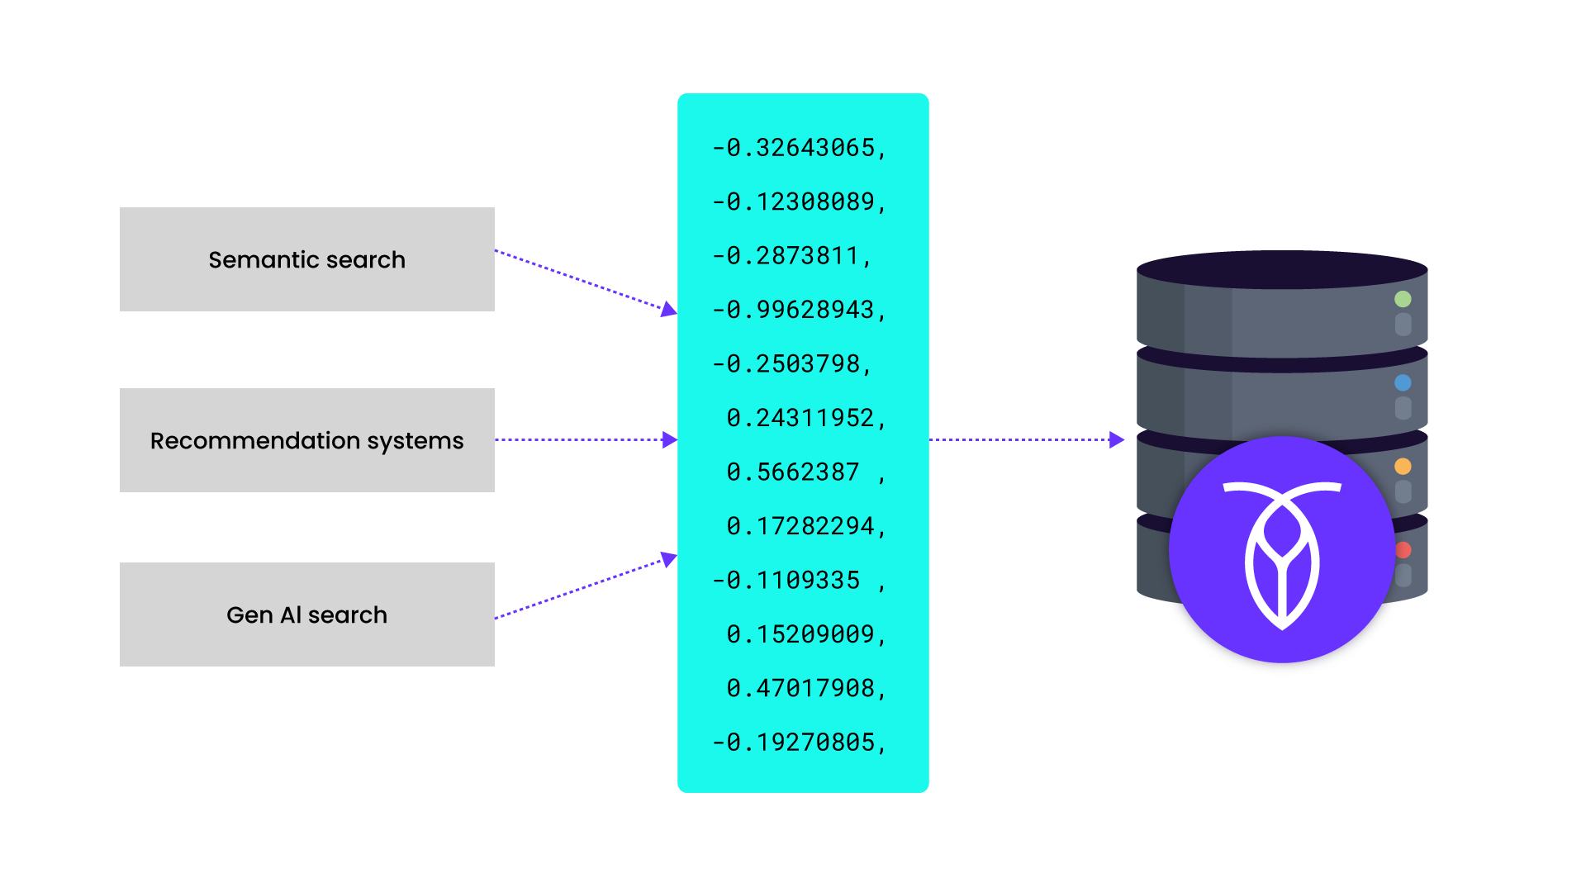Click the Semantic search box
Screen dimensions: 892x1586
tap(306, 259)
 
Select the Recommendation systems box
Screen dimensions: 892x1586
tap(306, 440)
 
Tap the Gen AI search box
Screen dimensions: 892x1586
tap(306, 614)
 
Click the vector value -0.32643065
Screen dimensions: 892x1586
tap(799, 148)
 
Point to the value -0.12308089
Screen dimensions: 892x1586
tap(799, 202)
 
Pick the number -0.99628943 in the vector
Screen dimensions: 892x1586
tap(799, 310)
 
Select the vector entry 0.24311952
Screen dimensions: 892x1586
tap(805, 418)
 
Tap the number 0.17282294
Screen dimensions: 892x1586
tap(805, 526)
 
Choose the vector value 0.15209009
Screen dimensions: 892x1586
tap(805, 634)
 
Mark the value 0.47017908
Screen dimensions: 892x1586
tap(805, 688)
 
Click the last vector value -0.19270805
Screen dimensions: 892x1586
tap(799, 743)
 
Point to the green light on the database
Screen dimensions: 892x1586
tap(1403, 299)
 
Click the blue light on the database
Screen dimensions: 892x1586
tap(1403, 382)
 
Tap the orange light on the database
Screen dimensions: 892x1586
tap(1403, 466)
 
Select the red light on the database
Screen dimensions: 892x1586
tap(1403, 550)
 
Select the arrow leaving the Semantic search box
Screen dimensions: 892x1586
tap(586, 281)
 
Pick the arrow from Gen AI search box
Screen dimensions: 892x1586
tap(586, 588)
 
